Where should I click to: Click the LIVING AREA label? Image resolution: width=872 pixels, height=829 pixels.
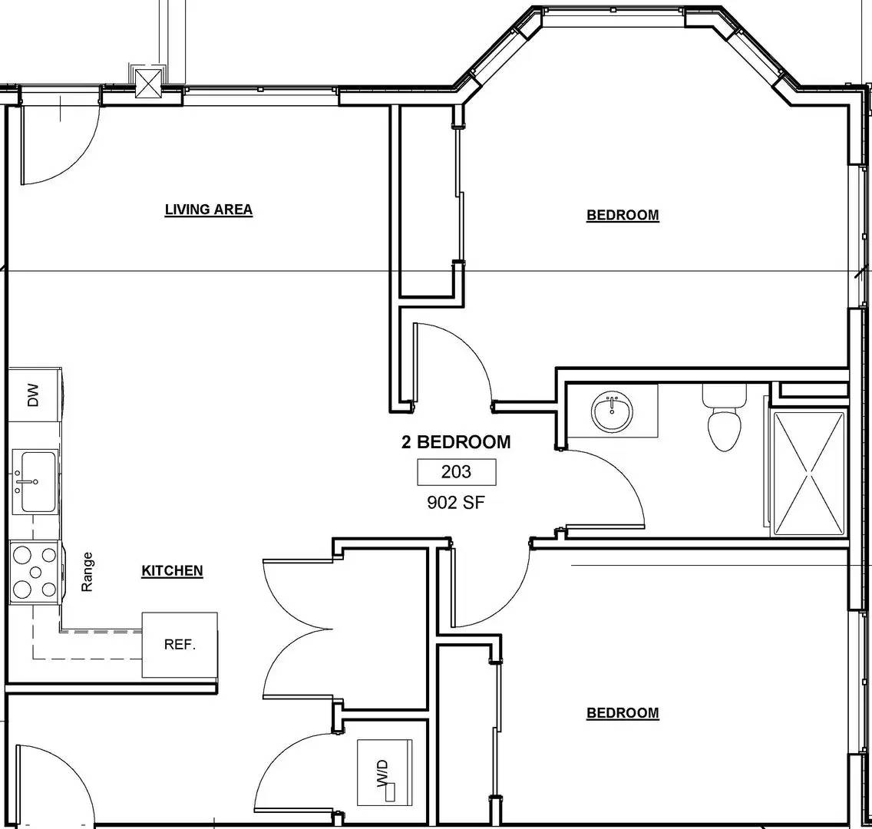click(208, 210)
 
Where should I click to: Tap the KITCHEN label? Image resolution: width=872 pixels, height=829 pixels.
click(172, 570)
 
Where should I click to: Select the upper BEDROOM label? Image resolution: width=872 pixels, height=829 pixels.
click(623, 215)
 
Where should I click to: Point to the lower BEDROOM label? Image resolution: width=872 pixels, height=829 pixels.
click(623, 713)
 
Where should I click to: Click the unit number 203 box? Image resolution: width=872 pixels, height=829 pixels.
click(456, 472)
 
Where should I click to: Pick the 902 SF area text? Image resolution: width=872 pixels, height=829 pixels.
click(456, 503)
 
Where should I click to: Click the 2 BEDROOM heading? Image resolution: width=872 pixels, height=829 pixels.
click(456, 442)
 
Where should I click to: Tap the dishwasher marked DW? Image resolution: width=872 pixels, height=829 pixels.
click(34, 396)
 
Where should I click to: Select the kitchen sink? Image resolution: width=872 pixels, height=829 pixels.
click(35, 482)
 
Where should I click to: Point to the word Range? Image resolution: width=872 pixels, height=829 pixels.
click(88, 572)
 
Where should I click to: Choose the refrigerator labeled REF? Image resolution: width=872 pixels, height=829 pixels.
click(180, 645)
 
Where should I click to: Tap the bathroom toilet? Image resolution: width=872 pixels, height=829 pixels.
click(724, 418)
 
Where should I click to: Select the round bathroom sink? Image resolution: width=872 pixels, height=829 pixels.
click(612, 412)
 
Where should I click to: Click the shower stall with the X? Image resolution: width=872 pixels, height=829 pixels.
click(808, 473)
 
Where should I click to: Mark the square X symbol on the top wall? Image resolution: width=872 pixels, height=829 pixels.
click(147, 81)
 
